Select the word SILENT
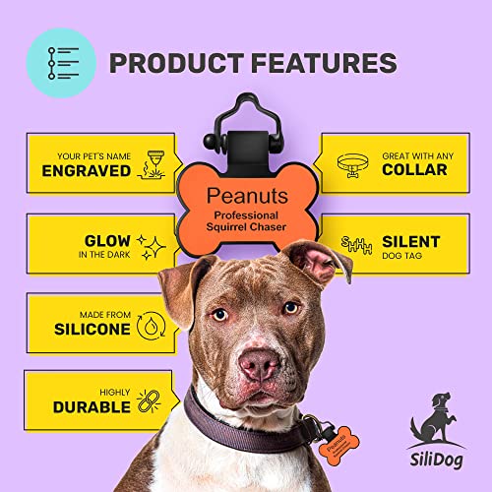pyautogui.click(x=410, y=241)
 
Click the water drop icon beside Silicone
pyautogui.click(x=151, y=324)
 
